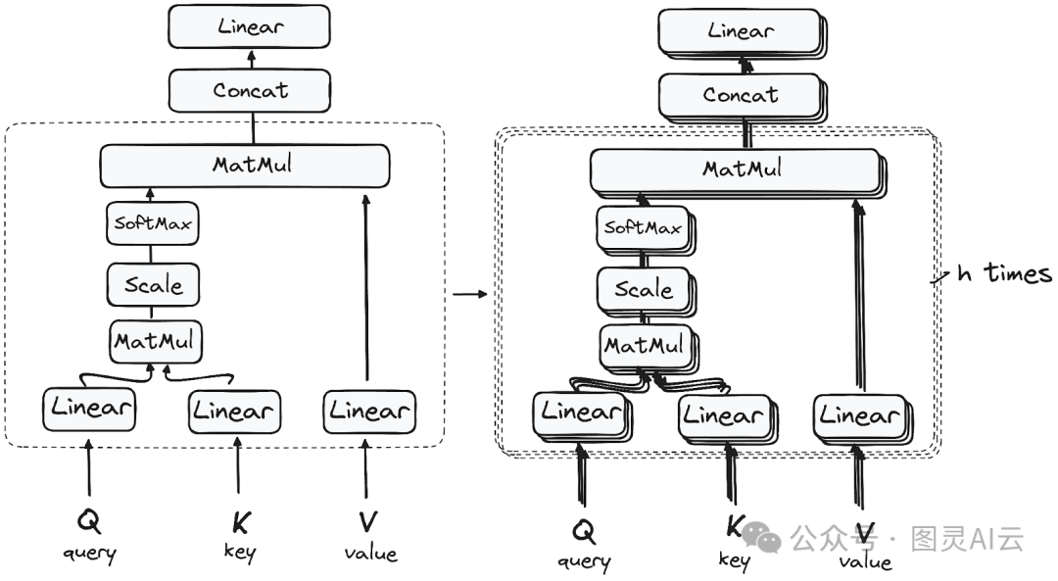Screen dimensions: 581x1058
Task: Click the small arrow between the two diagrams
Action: coord(471,293)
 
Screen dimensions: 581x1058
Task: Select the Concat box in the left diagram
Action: coord(251,91)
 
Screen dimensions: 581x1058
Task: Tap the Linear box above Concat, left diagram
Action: coord(249,26)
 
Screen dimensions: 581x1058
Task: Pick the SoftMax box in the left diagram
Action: coord(151,223)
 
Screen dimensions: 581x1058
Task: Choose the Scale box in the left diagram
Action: coord(153,285)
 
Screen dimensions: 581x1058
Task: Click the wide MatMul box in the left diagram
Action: coord(245,165)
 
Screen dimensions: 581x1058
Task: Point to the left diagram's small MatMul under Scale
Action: coord(153,342)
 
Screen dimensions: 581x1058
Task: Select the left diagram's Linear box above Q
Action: coord(88,409)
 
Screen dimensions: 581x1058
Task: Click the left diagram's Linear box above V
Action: coord(367,411)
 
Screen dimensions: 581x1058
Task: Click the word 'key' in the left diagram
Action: coord(239,552)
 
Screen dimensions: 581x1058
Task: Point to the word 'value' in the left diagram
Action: coord(370,553)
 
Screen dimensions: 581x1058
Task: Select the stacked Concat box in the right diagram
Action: coord(741,96)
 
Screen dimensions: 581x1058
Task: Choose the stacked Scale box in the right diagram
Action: coord(643,290)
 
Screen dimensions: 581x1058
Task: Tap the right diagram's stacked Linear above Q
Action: coord(581,412)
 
